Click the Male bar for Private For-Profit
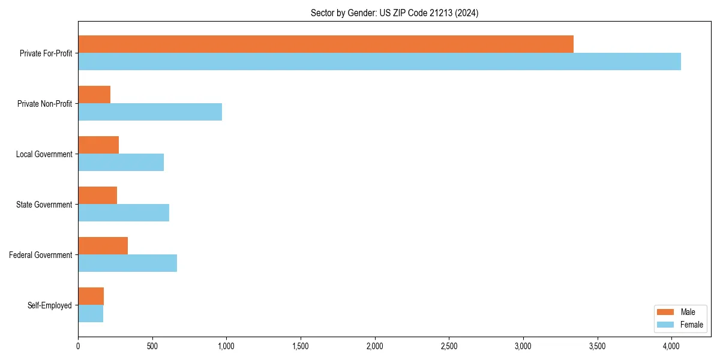[326, 44]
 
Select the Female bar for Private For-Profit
[379, 62]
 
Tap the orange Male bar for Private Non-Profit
[94, 95]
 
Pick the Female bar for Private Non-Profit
[150, 112]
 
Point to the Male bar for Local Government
[98, 145]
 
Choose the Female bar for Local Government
[121, 163]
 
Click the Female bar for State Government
[124, 213]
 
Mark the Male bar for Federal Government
[103, 246]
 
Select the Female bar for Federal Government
[127, 263]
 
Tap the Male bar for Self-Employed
[91, 296]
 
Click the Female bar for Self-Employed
[91, 314]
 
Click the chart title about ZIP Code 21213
[394, 13]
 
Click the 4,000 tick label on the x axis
[671, 346]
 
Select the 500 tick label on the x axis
[152, 346]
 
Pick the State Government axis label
[44, 205]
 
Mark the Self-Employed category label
[50, 305]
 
